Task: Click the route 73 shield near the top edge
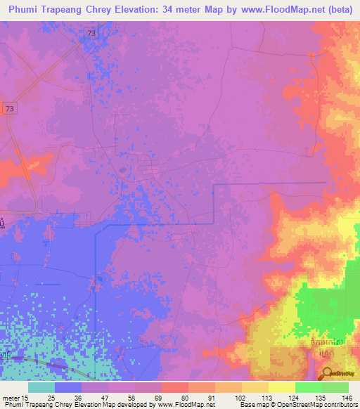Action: (93, 33)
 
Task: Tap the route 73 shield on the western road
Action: (9, 108)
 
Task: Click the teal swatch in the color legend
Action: (41, 387)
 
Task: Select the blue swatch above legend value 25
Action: (68, 387)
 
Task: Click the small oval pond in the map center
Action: (123, 169)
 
